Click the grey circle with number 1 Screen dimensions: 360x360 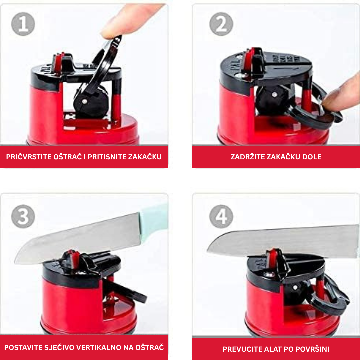click(23, 24)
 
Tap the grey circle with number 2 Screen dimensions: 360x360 click(221, 24)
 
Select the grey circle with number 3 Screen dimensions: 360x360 click(23, 216)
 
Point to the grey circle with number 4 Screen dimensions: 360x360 click(221, 216)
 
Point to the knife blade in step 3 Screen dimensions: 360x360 click(78, 239)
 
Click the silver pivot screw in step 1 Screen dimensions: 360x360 click(84, 101)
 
